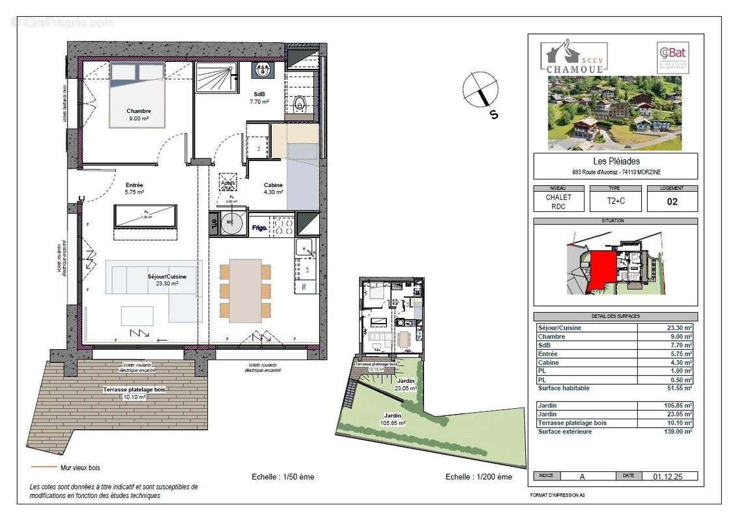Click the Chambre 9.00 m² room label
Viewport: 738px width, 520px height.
(139, 114)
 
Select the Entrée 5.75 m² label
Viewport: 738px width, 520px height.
(135, 188)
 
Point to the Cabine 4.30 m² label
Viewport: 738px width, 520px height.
(273, 188)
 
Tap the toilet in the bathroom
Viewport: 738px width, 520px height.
(300, 104)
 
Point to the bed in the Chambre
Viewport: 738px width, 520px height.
(136, 94)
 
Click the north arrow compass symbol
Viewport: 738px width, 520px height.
(481, 91)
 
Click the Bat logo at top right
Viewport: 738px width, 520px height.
(672, 56)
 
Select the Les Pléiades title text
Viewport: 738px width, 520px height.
(615, 162)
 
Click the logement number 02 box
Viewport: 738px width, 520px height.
(672, 201)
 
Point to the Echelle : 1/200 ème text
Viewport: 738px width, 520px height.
(479, 476)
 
